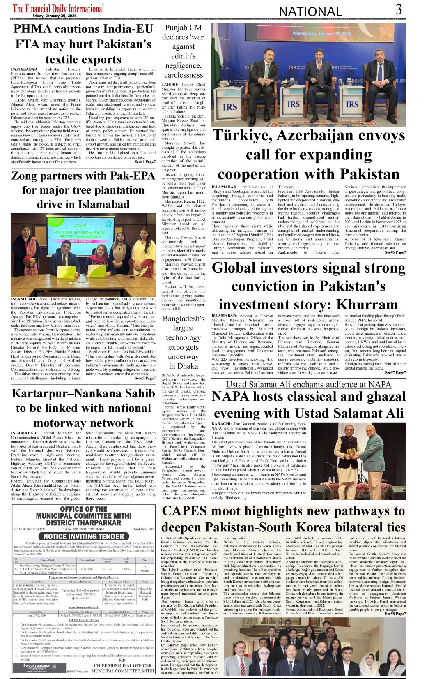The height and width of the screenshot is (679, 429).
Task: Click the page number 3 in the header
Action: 398,9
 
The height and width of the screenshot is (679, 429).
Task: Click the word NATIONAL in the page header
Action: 310,12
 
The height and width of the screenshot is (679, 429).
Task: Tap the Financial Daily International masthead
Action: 58,8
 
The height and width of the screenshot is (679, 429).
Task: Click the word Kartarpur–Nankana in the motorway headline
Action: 83,393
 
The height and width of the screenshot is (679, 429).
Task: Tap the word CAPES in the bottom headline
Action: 184,511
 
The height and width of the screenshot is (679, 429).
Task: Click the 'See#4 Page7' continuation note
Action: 145,162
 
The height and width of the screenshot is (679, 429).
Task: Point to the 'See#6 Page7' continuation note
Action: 395,252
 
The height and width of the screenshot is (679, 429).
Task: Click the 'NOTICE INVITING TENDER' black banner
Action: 84,536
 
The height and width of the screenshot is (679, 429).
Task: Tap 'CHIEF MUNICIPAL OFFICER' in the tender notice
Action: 123,665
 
